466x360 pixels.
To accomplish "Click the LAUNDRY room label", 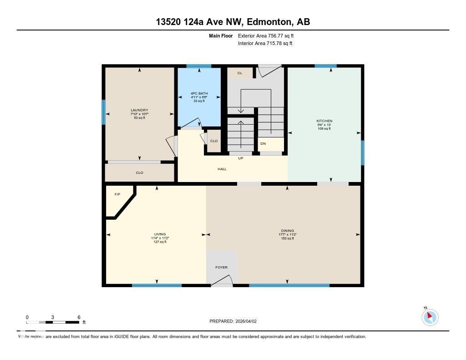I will pyautogui.click(x=139, y=110).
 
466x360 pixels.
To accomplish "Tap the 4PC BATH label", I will pyautogui.click(x=199, y=93).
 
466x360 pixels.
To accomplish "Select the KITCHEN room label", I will pyautogui.click(x=324, y=121).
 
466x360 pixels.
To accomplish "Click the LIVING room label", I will pyautogui.click(x=160, y=234).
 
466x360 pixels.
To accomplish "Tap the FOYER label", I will pyautogui.click(x=221, y=267).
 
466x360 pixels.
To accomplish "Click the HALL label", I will pyautogui.click(x=222, y=169).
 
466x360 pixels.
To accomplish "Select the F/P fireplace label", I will pyautogui.click(x=117, y=194).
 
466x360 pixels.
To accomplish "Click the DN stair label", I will pyautogui.click(x=263, y=143).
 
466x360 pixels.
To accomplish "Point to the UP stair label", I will pyautogui.click(x=241, y=158).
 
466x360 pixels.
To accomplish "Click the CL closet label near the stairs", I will pyautogui.click(x=240, y=73).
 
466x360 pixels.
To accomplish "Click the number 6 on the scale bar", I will pyautogui.click(x=79, y=317).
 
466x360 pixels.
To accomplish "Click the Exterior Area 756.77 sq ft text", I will pyautogui.click(x=269, y=35).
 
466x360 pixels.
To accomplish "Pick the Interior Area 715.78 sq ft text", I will pyautogui.click(x=265, y=43).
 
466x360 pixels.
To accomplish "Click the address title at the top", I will pyautogui.click(x=233, y=22).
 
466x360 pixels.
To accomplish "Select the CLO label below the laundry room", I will pyautogui.click(x=140, y=172).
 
